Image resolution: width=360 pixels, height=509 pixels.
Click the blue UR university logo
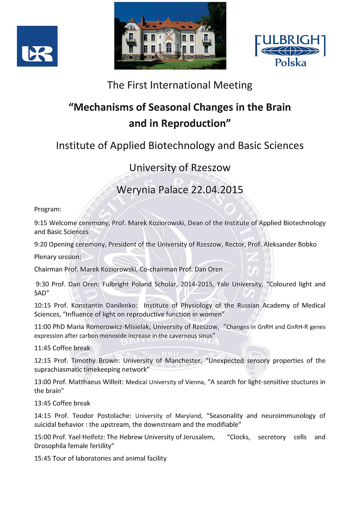[37, 46]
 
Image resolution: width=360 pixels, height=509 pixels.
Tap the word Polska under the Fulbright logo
[290, 63]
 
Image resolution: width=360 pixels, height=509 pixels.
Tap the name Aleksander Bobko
[290, 244]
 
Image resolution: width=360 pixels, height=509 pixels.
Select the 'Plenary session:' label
[58, 257]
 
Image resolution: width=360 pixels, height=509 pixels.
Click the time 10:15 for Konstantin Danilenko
[42, 305]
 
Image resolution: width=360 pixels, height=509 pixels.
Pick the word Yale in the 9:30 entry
[223, 284]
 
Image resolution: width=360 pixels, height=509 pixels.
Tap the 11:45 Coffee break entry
[62, 348]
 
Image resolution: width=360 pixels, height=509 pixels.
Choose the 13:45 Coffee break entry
[62, 403]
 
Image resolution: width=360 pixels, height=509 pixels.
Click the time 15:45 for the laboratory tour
[42, 458]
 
